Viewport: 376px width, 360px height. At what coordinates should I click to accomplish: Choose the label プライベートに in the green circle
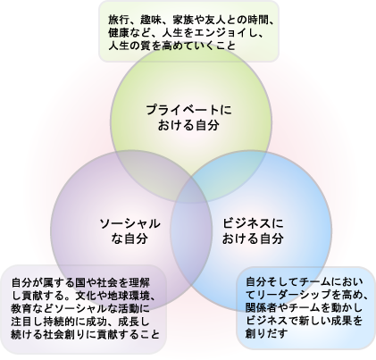point(188,111)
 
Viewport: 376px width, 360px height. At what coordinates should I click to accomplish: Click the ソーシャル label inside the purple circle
point(130,223)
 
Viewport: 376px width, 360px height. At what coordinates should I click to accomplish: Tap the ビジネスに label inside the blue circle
point(253,223)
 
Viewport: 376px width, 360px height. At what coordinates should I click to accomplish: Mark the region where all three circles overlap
point(191,190)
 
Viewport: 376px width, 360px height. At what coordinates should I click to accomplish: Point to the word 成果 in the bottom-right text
point(342,321)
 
